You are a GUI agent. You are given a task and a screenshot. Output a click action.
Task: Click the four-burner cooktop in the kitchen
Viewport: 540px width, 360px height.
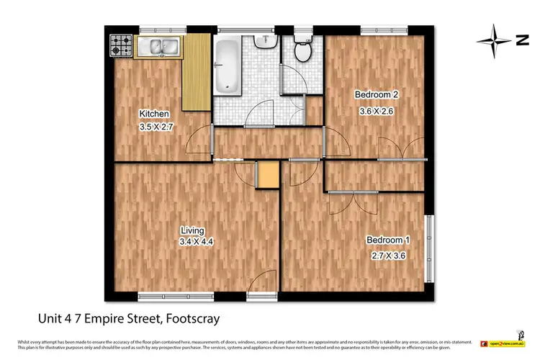(120, 47)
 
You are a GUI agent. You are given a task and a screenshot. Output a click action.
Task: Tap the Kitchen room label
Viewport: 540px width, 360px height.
(154, 114)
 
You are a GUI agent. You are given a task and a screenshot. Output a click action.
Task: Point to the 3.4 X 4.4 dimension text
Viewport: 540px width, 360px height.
(195, 243)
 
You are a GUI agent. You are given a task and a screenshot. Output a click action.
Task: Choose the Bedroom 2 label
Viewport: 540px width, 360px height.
(376, 95)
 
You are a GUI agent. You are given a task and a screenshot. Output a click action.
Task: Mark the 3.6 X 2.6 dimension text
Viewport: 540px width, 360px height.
(376, 111)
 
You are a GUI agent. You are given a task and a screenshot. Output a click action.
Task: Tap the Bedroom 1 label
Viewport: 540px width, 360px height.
(388, 240)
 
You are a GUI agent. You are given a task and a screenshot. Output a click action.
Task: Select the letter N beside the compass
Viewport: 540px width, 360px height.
(522, 41)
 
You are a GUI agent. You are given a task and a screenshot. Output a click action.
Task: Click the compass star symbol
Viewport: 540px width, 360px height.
(493, 41)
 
